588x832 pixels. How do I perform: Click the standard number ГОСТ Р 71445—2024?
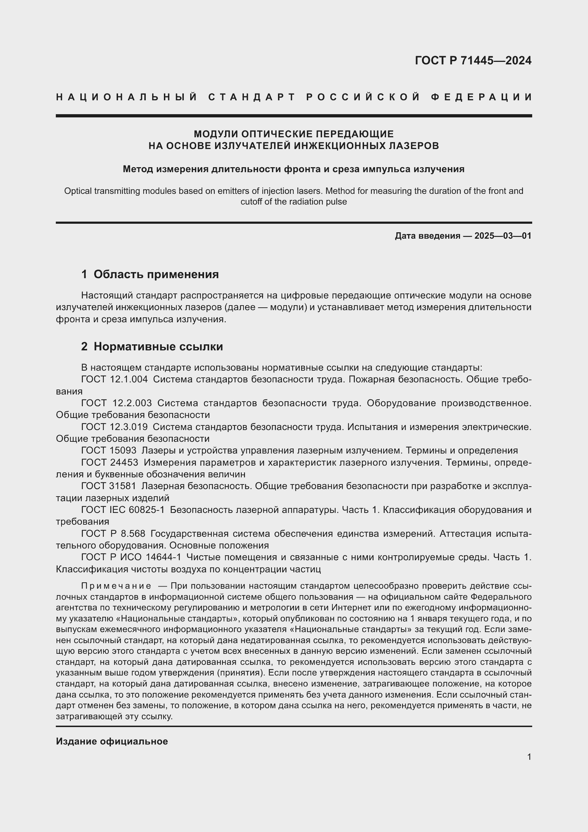tap(473, 60)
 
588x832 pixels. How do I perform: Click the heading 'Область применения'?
tap(156, 274)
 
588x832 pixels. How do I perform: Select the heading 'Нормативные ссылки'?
tap(158, 346)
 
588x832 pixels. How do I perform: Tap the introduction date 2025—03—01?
tap(503, 236)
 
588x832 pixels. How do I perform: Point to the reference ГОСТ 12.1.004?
tap(114, 380)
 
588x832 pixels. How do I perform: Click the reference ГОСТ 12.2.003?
tap(116, 403)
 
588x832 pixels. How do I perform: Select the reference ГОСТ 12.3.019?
tap(114, 427)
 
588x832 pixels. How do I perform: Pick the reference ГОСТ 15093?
tap(109, 450)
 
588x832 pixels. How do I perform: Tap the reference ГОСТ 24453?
tap(110, 462)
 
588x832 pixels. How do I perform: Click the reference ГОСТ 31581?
tap(109, 486)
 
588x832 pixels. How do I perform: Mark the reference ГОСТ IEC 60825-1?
tap(123, 510)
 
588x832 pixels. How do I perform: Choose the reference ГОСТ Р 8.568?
tap(113, 534)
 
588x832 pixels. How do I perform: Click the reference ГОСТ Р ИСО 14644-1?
tap(131, 557)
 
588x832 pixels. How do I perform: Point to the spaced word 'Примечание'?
tap(116, 586)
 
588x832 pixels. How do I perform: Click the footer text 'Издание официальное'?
tap(112, 741)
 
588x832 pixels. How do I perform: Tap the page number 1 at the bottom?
tap(529, 757)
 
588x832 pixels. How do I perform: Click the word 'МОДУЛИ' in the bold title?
tap(216, 134)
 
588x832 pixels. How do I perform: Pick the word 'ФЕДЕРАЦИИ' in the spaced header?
tap(482, 97)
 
